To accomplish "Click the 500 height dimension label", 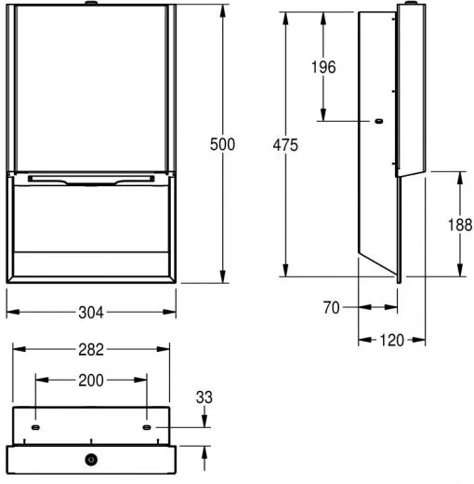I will tap(222, 144).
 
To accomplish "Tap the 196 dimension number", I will tap(323, 67).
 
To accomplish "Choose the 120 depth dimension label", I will tap(391, 340).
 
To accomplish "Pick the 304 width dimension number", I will tap(91, 314).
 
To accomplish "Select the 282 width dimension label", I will tap(91, 349).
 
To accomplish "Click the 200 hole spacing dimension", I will tap(91, 380).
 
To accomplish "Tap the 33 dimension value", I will tap(205, 397).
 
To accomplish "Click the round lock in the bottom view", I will tap(91, 460).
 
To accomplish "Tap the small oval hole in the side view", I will tap(377, 120).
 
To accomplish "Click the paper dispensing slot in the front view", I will tap(91, 179).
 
